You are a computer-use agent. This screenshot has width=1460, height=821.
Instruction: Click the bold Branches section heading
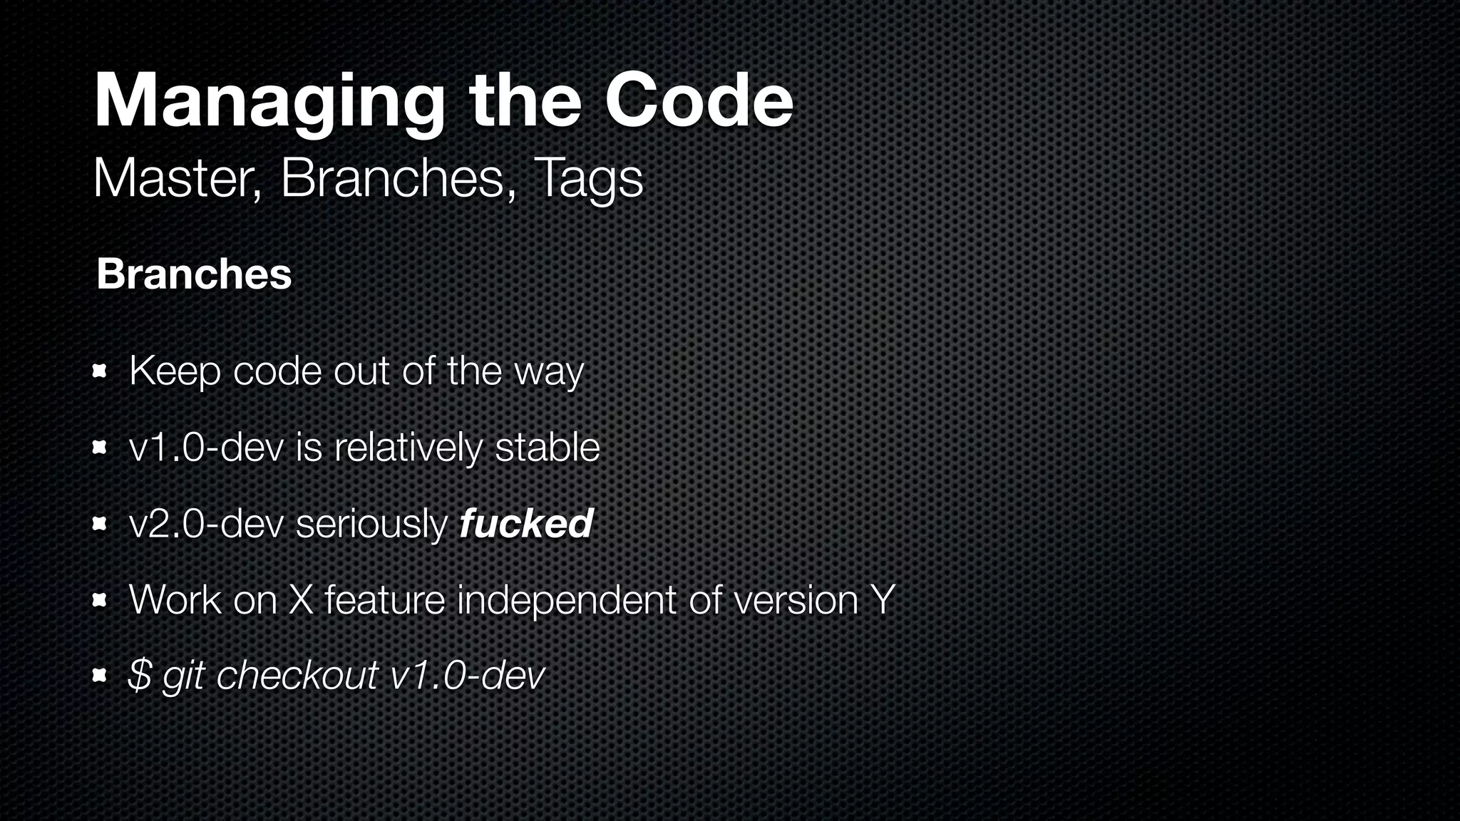[x=194, y=274]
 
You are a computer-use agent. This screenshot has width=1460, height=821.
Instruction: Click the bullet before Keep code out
[x=99, y=371]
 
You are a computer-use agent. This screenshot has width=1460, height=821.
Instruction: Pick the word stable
[x=547, y=448]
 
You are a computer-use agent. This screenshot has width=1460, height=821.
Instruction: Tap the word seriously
[x=371, y=525]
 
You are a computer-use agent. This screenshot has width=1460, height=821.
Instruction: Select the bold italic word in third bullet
[x=526, y=524]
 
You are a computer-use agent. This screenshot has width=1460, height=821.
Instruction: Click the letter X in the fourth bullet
[x=301, y=600]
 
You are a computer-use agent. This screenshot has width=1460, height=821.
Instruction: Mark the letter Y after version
[x=883, y=600]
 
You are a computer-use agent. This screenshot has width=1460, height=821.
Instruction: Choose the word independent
[x=566, y=601]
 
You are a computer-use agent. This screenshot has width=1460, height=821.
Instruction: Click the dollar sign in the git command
[x=140, y=675]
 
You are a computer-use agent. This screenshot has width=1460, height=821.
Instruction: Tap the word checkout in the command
[x=297, y=675]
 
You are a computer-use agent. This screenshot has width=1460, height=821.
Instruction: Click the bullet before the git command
[x=99, y=675]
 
